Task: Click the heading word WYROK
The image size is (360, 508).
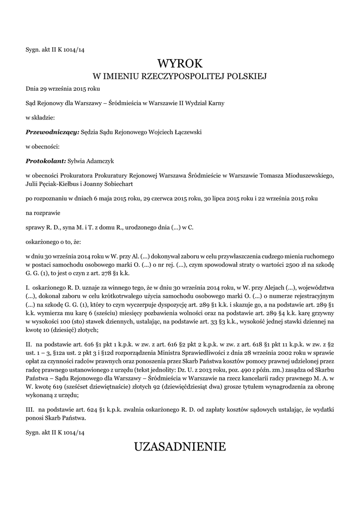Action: coord(180,63)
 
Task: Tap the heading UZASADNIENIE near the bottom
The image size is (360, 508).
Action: coord(180,446)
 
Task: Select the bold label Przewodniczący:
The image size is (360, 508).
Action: coord(52,132)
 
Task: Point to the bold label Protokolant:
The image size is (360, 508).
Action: coord(46,160)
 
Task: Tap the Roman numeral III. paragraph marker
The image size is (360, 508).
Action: coord(29,410)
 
